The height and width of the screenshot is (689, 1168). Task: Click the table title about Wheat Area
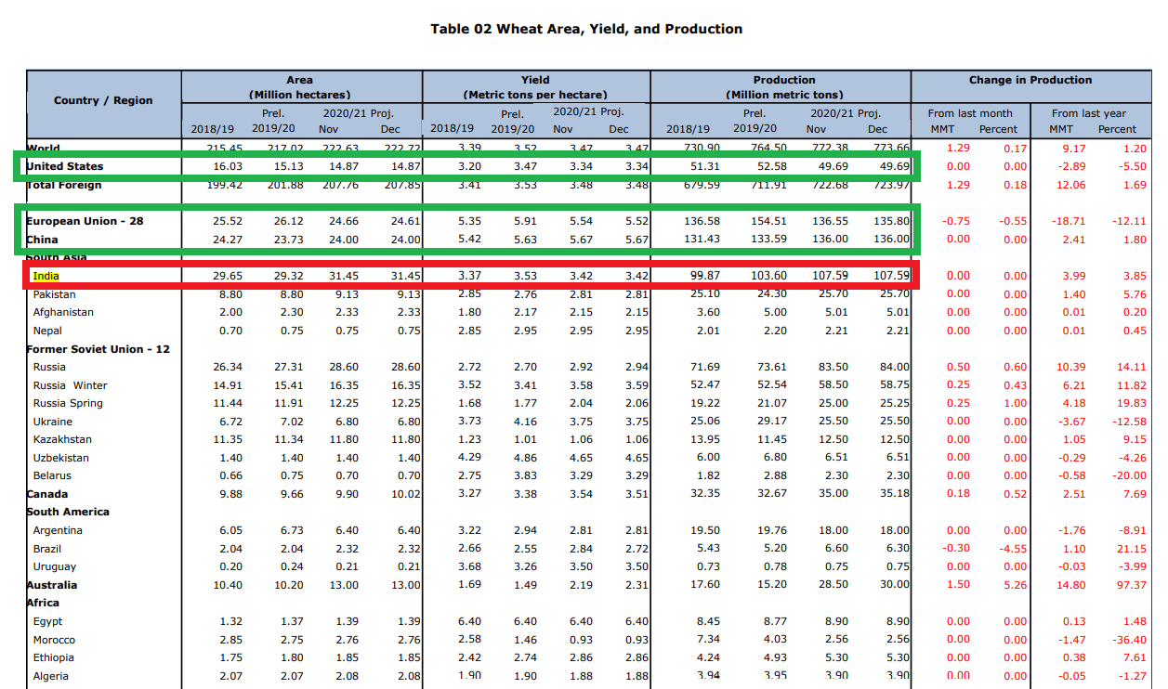point(586,29)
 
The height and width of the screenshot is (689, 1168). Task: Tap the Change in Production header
point(1030,80)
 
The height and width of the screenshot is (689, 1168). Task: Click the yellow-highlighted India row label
point(46,276)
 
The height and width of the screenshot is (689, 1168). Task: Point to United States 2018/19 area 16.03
point(228,166)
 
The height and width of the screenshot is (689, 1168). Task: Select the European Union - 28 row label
point(85,221)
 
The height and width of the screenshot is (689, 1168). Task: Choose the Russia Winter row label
point(70,385)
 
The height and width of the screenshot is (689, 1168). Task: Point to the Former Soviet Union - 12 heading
point(98,349)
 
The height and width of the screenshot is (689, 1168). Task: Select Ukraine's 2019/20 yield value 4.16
point(520,422)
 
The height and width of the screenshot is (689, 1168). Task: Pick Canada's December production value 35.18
point(895,494)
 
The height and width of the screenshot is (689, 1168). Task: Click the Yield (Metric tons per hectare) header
point(535,87)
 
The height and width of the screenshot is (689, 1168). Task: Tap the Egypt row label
point(47,621)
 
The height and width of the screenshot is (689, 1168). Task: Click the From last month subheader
point(970,113)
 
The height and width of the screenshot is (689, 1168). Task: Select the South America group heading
point(68,512)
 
